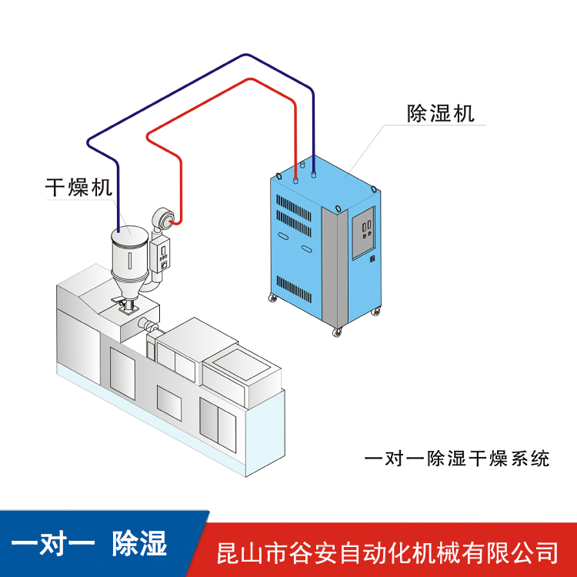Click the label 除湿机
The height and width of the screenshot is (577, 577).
(440, 114)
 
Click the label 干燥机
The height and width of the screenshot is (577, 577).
(79, 187)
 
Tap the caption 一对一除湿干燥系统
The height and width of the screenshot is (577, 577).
(456, 459)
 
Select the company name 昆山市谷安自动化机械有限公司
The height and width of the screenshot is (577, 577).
(389, 552)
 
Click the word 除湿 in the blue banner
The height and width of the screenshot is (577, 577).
(139, 544)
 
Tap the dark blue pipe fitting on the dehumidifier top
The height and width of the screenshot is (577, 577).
(314, 171)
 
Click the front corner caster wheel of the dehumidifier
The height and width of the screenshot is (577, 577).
(336, 332)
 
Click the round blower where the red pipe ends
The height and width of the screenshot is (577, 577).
(164, 219)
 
